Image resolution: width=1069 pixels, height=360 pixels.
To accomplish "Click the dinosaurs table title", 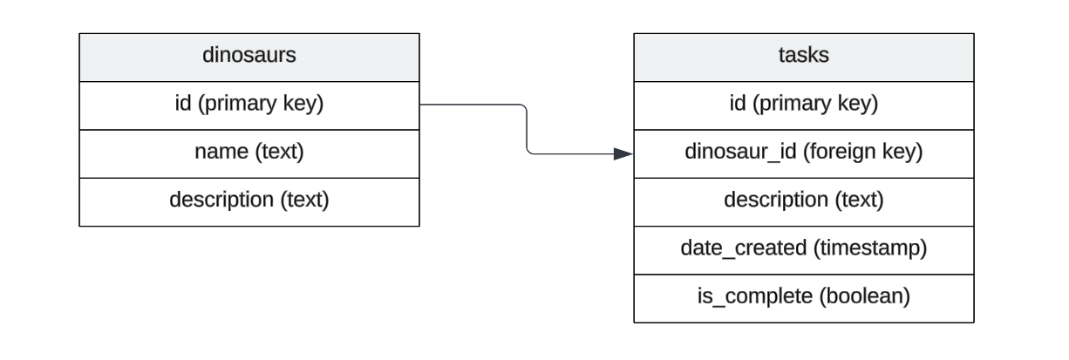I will (249, 56).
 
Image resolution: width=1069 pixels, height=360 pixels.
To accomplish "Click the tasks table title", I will (802, 56).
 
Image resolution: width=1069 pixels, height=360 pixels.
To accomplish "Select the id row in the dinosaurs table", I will (249, 105).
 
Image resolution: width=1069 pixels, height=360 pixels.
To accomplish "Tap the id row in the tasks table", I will (802, 105).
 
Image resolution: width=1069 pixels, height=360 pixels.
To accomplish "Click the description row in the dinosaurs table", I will (249, 200).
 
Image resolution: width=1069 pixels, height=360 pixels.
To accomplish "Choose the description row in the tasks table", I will (802, 200).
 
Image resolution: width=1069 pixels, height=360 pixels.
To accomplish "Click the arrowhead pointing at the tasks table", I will (623, 154).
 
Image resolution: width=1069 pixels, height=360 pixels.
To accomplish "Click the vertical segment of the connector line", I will (528, 130).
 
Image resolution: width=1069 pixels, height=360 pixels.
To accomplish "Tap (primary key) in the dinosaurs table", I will (262, 105).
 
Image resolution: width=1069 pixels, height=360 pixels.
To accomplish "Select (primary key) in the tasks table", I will (815, 105).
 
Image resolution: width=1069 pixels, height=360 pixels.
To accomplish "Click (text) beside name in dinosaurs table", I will (279, 153).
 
